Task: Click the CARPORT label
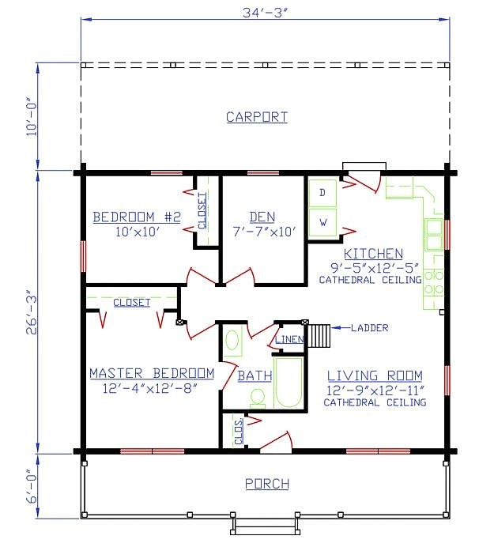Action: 257,117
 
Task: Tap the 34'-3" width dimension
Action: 265,13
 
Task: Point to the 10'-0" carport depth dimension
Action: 32,119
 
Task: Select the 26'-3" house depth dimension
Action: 32,312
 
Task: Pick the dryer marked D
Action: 322,193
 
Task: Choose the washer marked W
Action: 323,222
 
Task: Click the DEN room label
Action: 262,217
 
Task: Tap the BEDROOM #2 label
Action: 137,217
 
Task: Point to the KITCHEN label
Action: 373,254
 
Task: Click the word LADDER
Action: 369,328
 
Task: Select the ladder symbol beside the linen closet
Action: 319,336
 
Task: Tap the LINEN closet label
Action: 289,339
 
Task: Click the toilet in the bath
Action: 258,398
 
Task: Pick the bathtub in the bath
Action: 288,383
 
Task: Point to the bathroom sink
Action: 232,340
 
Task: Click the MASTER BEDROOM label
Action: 152,373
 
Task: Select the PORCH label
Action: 267,484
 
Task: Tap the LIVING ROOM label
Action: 375,375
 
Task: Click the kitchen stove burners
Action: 434,282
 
